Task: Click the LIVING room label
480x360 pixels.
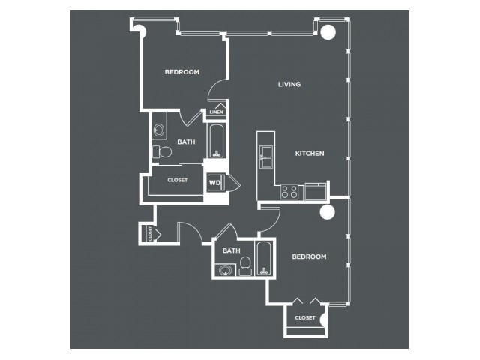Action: click(x=289, y=84)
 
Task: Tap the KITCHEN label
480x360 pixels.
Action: click(x=310, y=153)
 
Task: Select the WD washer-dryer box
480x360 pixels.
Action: click(x=216, y=183)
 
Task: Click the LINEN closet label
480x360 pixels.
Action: click(x=217, y=112)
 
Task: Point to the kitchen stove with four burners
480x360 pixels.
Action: click(x=289, y=192)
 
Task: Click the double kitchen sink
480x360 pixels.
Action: click(x=266, y=157)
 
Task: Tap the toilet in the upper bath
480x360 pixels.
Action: click(x=162, y=151)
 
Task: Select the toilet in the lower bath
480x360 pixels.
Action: click(x=245, y=266)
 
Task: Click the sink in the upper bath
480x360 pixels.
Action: click(x=159, y=130)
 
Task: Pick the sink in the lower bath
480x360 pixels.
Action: click(x=225, y=270)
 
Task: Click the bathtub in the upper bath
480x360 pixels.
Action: click(x=217, y=141)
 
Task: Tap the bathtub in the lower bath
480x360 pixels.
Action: click(x=264, y=258)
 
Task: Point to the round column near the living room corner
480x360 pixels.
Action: click(x=328, y=31)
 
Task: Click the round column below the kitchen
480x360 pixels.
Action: click(x=327, y=211)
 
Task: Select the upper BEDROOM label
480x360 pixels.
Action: click(x=182, y=72)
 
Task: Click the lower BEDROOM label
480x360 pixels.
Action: click(x=309, y=256)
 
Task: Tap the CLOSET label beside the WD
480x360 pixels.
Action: click(x=178, y=180)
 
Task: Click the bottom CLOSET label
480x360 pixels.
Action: click(x=305, y=318)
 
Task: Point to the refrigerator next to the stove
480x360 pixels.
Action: click(x=316, y=192)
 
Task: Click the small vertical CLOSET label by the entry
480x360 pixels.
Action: click(x=150, y=233)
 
